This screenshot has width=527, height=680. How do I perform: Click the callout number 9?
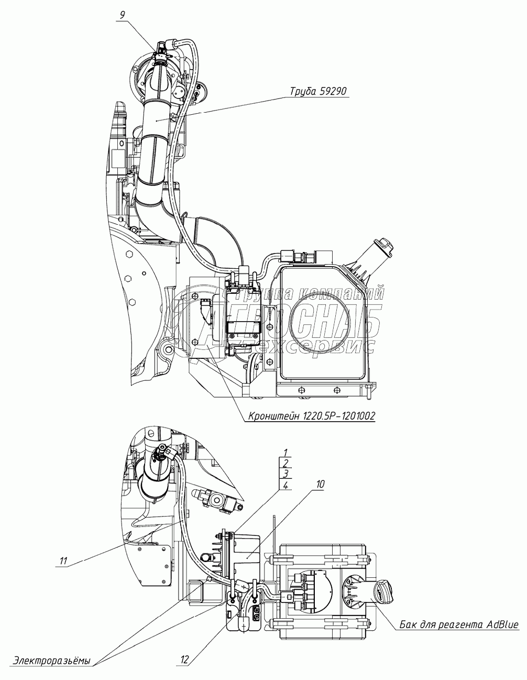[122, 15]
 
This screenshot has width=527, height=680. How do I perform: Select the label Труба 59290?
[319, 91]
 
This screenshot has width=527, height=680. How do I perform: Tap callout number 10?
[320, 485]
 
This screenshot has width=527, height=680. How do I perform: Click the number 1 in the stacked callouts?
[285, 452]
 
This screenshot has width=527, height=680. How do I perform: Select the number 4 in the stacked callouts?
[285, 486]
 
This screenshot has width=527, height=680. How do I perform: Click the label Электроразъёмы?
[52, 660]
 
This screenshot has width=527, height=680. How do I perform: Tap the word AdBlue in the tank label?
[502, 624]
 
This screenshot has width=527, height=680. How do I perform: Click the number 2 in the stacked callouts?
[285, 463]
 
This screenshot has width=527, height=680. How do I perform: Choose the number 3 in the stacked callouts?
[285, 474]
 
